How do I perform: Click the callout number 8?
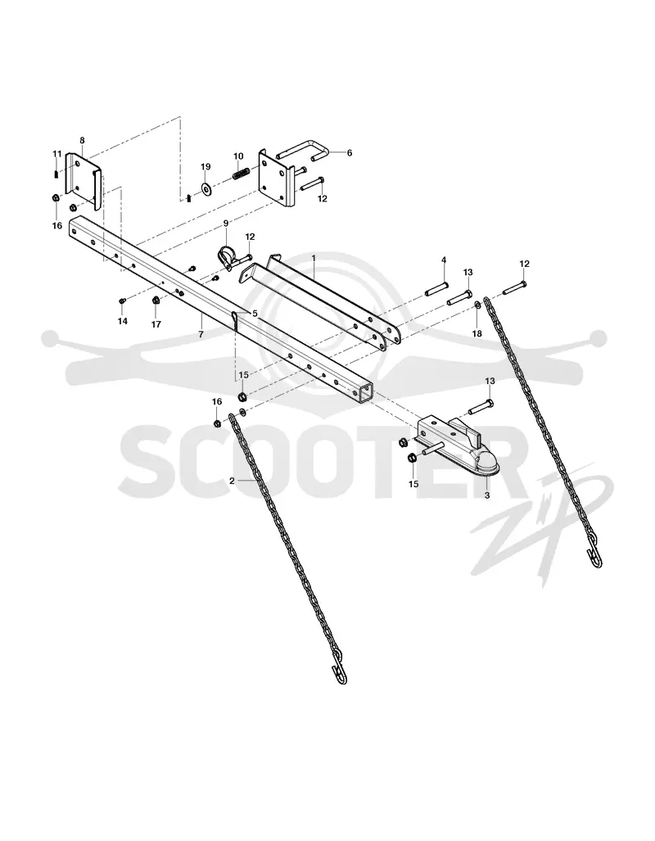pos(82,141)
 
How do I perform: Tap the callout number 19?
pos(206,167)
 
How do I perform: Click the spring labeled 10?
pos(242,174)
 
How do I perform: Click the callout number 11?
pos(57,154)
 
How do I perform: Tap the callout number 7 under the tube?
pos(201,334)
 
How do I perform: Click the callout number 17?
pos(156,324)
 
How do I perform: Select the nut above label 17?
pos(156,301)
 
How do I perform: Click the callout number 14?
pos(123,321)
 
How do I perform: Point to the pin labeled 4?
pos(436,281)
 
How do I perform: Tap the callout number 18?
pos(477,333)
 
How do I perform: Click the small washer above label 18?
pos(477,305)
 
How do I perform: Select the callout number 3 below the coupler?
pos(487,495)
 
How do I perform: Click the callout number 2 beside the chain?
pos(232,482)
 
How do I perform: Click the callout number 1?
pos(314,258)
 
